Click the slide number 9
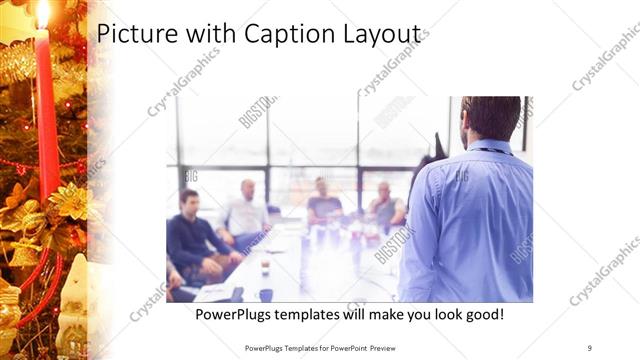pyautogui.click(x=589, y=347)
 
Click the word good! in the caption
pyautogui.click(x=481, y=315)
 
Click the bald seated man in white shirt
pyautogui.click(x=244, y=212)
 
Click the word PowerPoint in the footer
pyautogui.click(x=344, y=347)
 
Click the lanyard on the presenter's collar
pyautogui.click(x=490, y=151)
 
